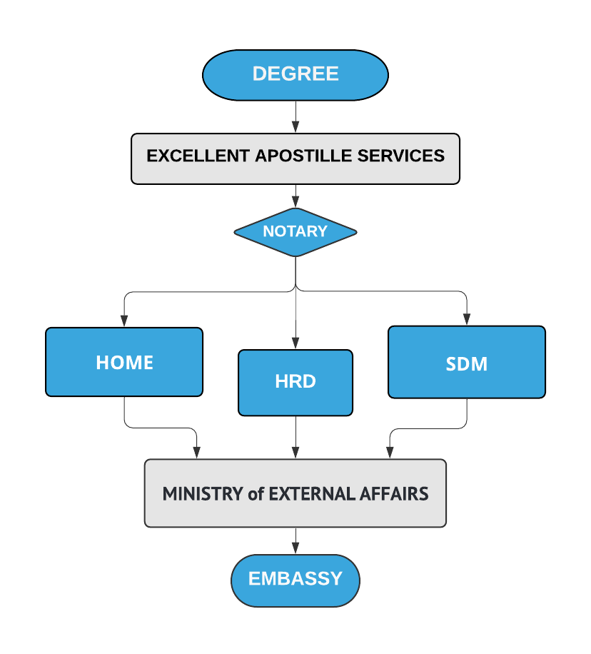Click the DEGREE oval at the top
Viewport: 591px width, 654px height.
[295, 75]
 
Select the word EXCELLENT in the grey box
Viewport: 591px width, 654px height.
[198, 156]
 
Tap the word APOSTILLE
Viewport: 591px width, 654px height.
[303, 156]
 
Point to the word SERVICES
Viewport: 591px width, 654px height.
[401, 156]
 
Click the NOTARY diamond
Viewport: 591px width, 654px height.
[295, 232]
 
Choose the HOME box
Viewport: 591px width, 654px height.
[124, 362]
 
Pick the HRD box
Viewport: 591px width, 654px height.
[295, 383]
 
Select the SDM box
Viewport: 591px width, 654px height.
[467, 362]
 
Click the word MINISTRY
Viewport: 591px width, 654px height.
[203, 494]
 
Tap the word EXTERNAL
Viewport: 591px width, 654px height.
[311, 494]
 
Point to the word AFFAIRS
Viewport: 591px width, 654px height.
[394, 494]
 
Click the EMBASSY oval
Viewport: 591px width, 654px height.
[295, 580]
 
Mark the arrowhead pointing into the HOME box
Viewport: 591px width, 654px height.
[124, 321]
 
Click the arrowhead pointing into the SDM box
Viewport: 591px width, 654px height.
[467, 319]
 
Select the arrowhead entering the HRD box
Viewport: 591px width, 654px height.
[295, 343]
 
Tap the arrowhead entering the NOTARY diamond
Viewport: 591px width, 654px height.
[295, 202]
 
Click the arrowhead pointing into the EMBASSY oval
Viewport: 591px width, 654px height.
[295, 548]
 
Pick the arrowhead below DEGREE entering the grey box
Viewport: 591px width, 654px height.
[295, 127]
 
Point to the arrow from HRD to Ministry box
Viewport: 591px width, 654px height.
[295, 437]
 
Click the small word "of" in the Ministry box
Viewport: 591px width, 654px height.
[256, 494]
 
